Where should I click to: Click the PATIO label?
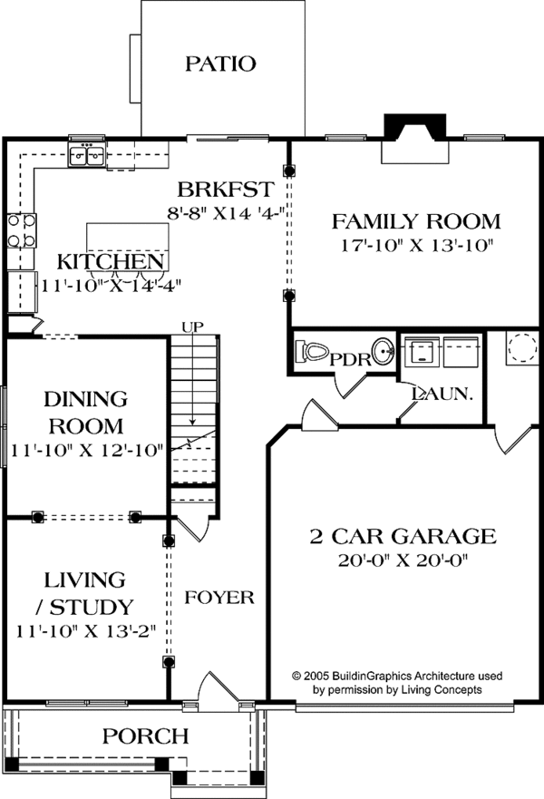coord(220,63)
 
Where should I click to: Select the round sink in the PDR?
coord(383,351)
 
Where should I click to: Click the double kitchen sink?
coord(87,154)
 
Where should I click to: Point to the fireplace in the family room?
coord(415,139)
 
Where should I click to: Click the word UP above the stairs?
coord(193,326)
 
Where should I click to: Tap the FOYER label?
coord(219,598)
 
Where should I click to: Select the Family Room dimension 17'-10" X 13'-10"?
coord(417,246)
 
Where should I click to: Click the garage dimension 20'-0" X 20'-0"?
coord(403,560)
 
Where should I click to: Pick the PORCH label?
coord(146,736)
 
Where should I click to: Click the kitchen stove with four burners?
coord(22,230)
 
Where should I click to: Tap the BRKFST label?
coord(226,190)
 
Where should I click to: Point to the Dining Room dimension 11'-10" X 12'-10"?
coord(87,451)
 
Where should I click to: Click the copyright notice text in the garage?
coord(397,683)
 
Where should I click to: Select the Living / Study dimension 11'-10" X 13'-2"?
coord(85,631)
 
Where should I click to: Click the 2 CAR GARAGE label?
coord(403,536)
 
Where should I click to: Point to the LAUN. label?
coord(442,394)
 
